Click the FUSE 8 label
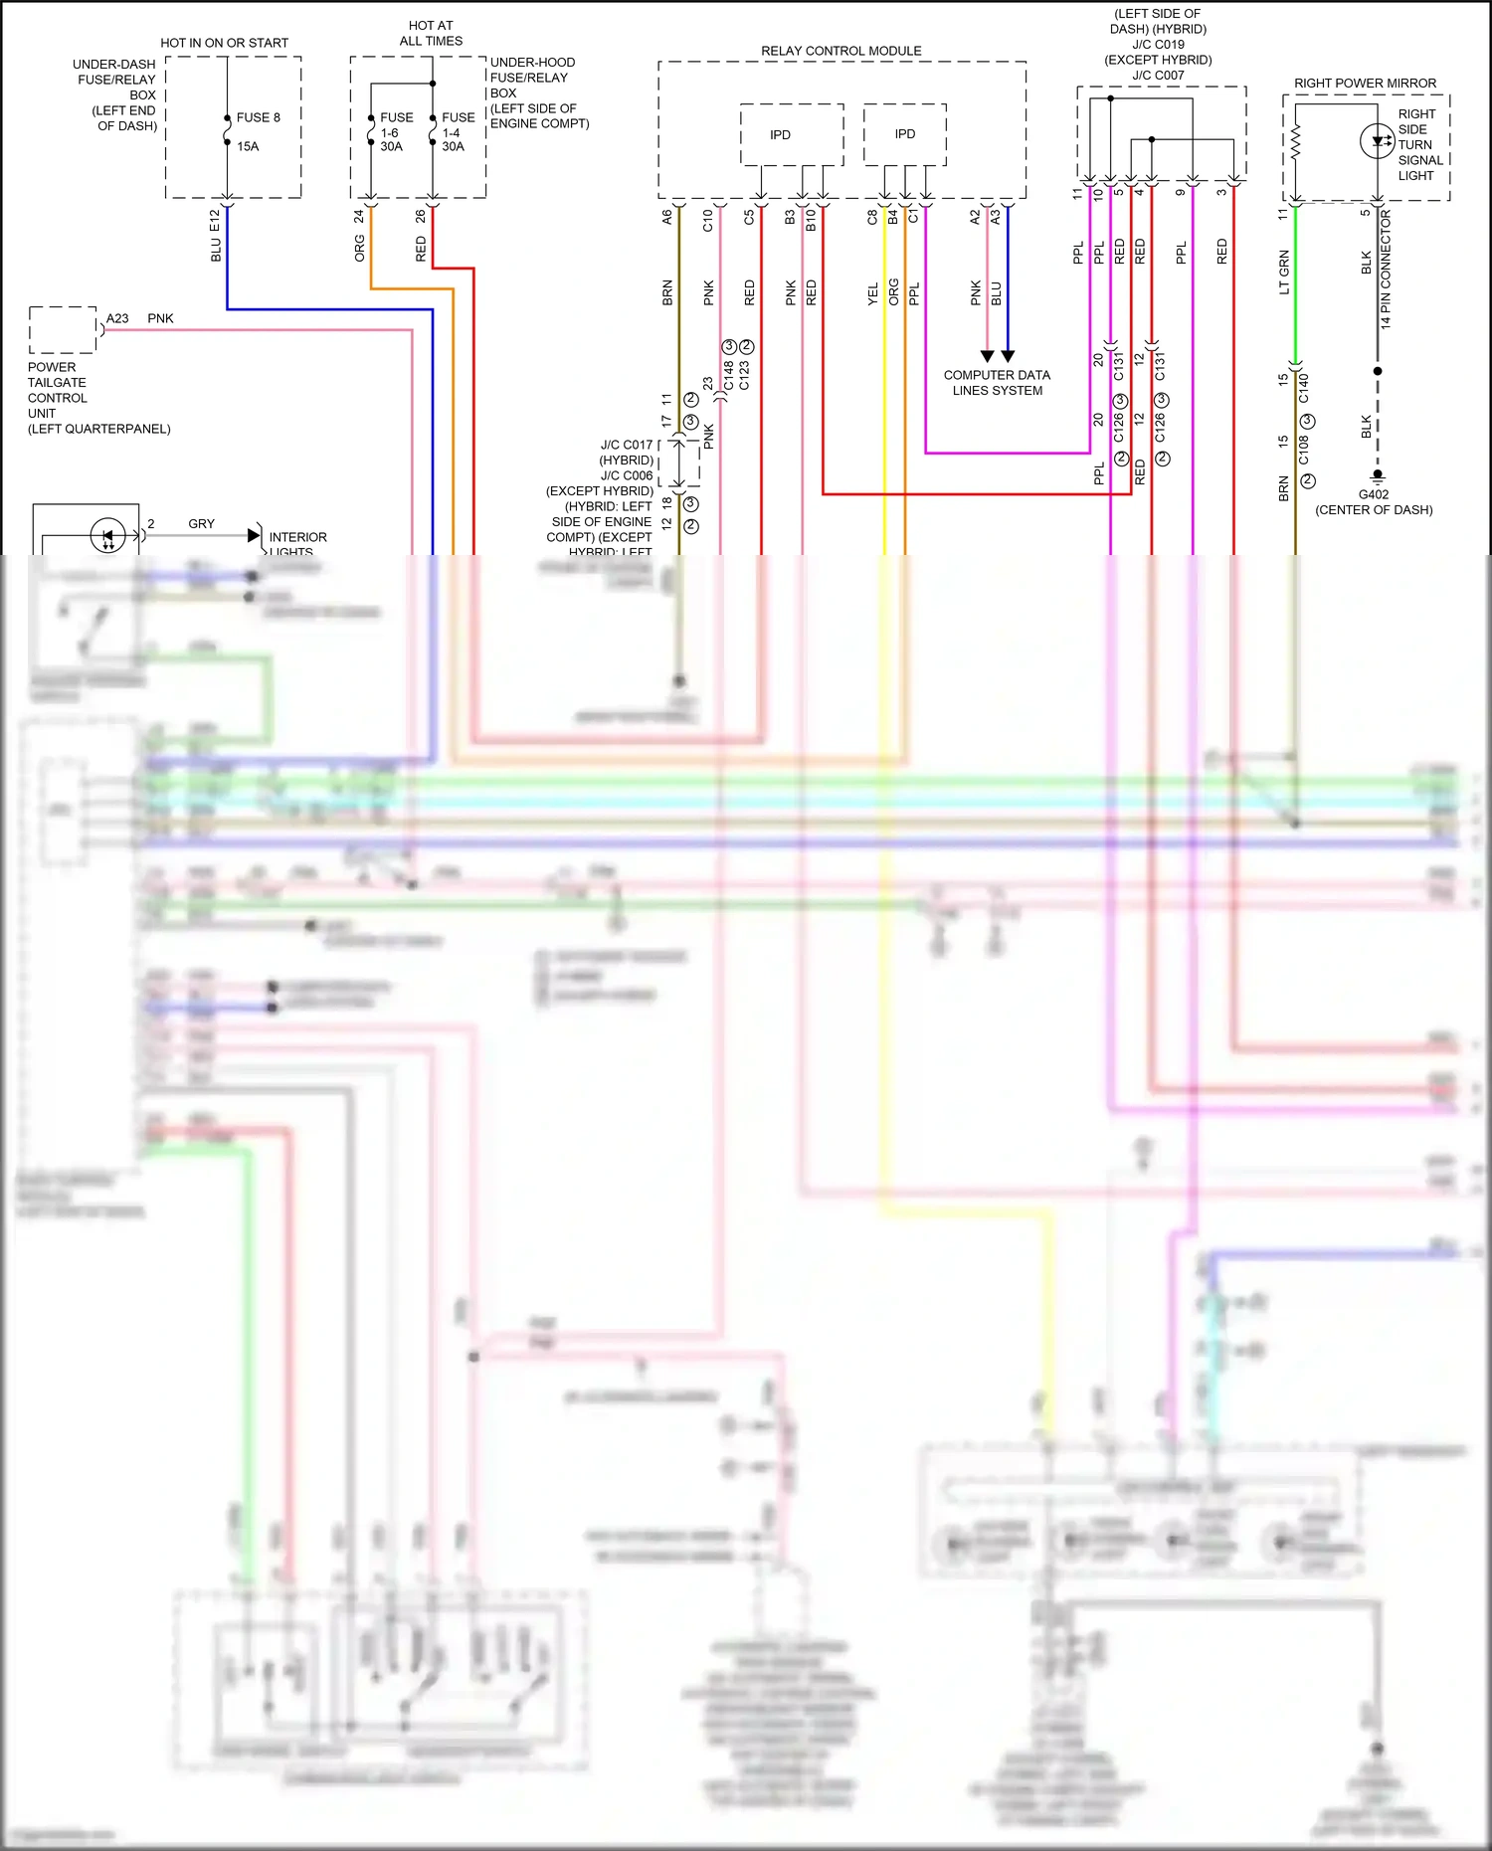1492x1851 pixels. point(258,117)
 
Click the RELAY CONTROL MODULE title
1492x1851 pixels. point(840,51)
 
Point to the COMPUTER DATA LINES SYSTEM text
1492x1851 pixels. point(997,383)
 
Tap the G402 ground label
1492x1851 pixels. point(1374,494)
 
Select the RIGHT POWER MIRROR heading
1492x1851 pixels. point(1365,84)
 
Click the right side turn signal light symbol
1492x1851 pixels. point(1377,140)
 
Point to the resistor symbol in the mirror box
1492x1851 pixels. point(1296,143)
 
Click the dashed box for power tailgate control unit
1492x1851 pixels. point(63,330)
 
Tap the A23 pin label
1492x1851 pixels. point(117,318)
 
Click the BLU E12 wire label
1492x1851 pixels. point(216,236)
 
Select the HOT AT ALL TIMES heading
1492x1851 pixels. point(431,33)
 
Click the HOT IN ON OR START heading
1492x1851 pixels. point(224,43)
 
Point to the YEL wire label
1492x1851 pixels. point(872,293)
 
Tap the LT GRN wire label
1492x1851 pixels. point(1284,272)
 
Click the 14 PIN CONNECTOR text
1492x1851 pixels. point(1386,270)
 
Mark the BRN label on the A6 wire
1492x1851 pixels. point(667,292)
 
